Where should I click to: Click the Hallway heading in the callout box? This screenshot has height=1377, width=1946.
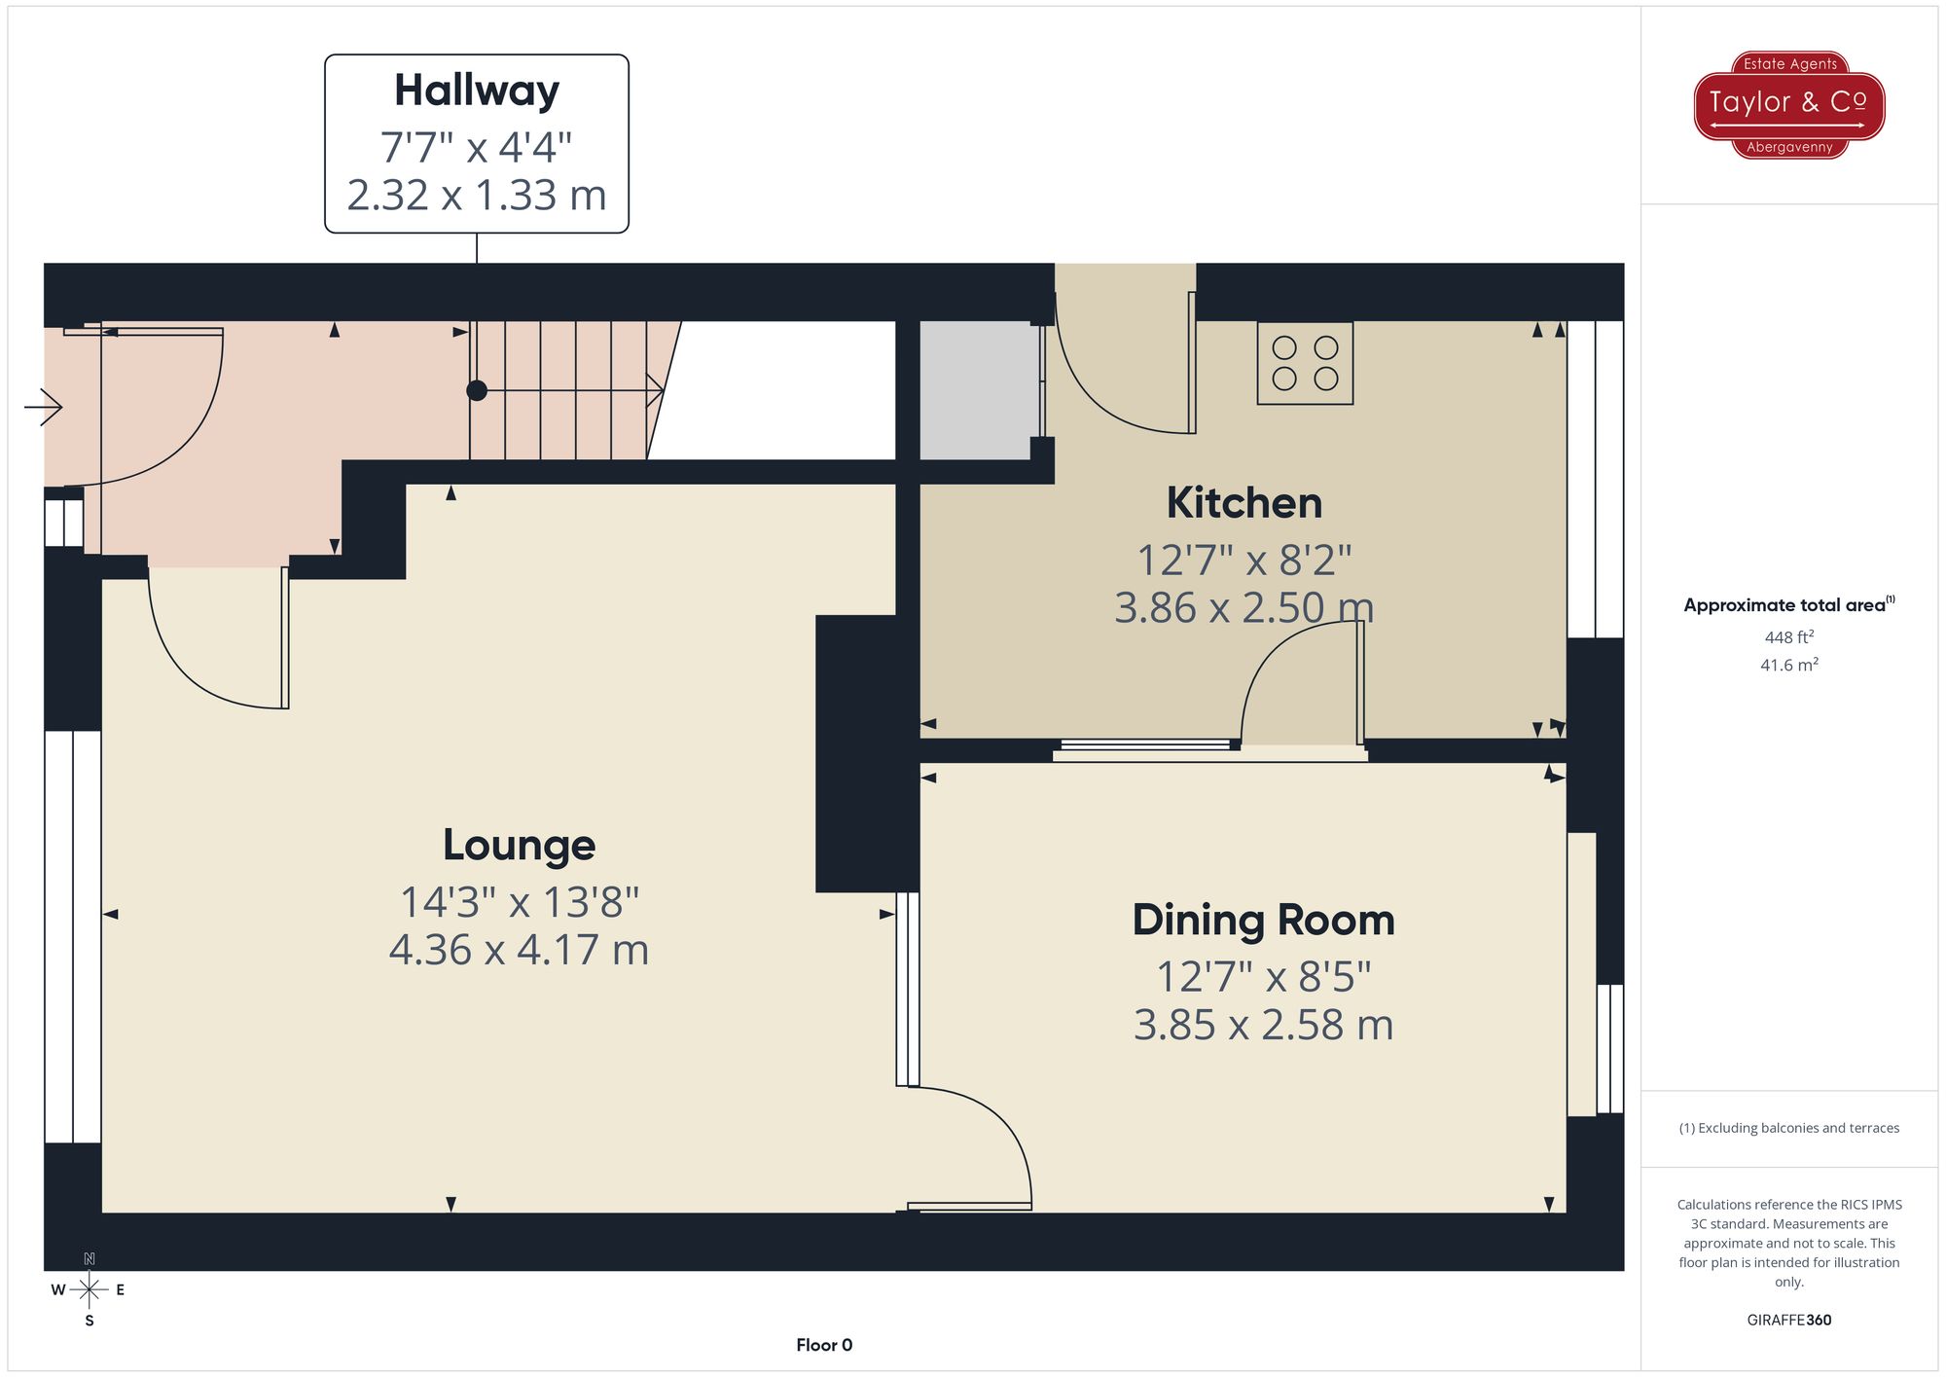[477, 91]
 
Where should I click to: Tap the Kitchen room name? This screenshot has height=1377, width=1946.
[1244, 503]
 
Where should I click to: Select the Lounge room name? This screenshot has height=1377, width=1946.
[519, 845]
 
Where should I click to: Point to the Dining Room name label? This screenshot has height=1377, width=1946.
[1263, 920]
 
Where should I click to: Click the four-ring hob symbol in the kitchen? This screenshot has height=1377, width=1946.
[1305, 363]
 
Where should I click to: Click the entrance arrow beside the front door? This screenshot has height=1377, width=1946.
[44, 406]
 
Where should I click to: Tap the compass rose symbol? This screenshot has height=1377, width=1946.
[89, 1290]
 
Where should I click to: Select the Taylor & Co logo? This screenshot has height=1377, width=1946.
[1789, 104]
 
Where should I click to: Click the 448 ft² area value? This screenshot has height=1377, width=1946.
[1788, 637]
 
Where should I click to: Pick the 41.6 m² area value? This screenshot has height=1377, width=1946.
[1788, 666]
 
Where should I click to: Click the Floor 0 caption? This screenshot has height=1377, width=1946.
[824, 1345]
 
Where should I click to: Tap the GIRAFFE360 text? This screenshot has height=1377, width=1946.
[1788, 1321]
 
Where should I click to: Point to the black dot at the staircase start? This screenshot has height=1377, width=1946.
[477, 390]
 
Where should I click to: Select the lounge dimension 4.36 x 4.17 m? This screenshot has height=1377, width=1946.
[519, 950]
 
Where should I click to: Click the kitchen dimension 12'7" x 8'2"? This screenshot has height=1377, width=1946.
[1244, 561]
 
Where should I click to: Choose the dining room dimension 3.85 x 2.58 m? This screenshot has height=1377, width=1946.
[1263, 1026]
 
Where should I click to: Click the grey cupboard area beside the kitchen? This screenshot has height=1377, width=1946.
[976, 390]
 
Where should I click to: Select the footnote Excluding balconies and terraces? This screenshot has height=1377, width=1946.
[1788, 1128]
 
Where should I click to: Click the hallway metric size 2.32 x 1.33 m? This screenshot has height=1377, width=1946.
[477, 196]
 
